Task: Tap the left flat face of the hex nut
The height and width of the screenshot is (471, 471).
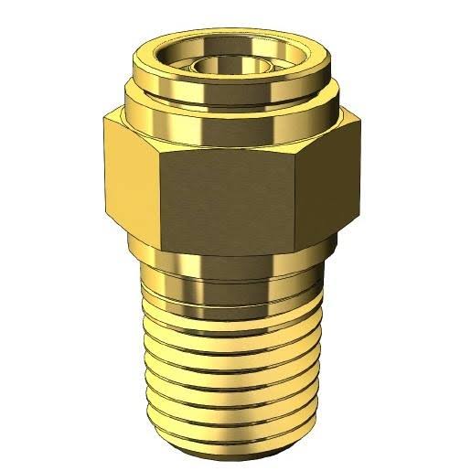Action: tap(128, 174)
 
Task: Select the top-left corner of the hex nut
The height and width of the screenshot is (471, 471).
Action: tap(104, 116)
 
